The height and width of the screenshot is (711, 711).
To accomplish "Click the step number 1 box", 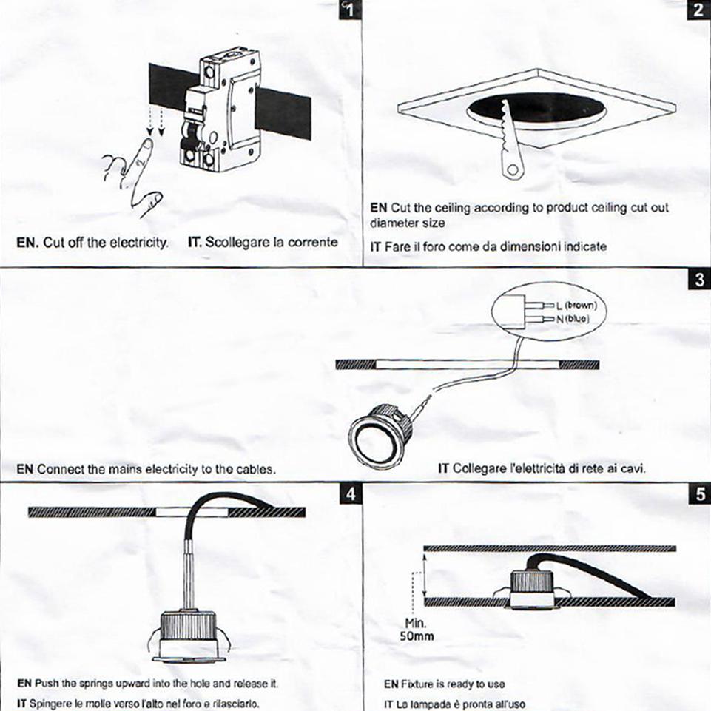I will point(348,10).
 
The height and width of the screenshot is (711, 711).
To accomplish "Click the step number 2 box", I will point(699,10).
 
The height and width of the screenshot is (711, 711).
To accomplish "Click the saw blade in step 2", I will point(510,141).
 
